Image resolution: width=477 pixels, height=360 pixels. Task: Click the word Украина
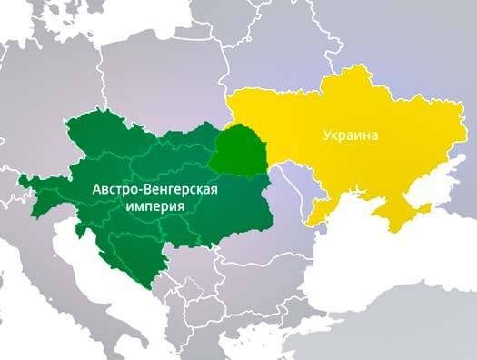pos(350,135)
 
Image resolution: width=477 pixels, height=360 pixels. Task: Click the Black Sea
pos(382,273)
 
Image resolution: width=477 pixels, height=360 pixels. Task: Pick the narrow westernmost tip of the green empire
pos(24,176)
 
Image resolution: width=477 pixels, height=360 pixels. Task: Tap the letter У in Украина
pos(326,135)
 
